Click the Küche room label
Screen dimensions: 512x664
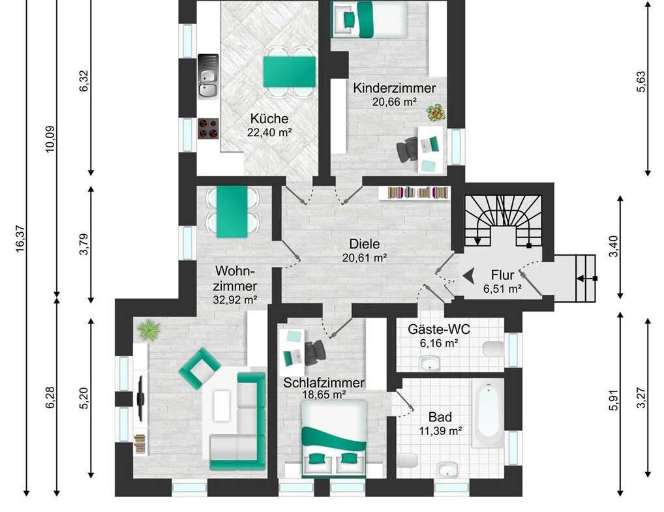pyautogui.click(x=269, y=119)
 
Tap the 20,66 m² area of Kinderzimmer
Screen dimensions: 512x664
pyautogui.click(x=395, y=101)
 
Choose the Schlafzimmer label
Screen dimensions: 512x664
pyautogui.click(x=324, y=383)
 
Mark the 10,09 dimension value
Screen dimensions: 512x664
pyautogui.click(x=51, y=138)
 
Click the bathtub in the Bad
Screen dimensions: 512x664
pyautogui.click(x=488, y=414)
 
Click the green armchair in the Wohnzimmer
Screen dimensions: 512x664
pyautogui.click(x=200, y=367)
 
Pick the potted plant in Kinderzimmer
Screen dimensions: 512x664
pyautogui.click(x=436, y=112)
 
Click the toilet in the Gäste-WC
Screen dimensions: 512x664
pyautogui.click(x=494, y=348)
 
